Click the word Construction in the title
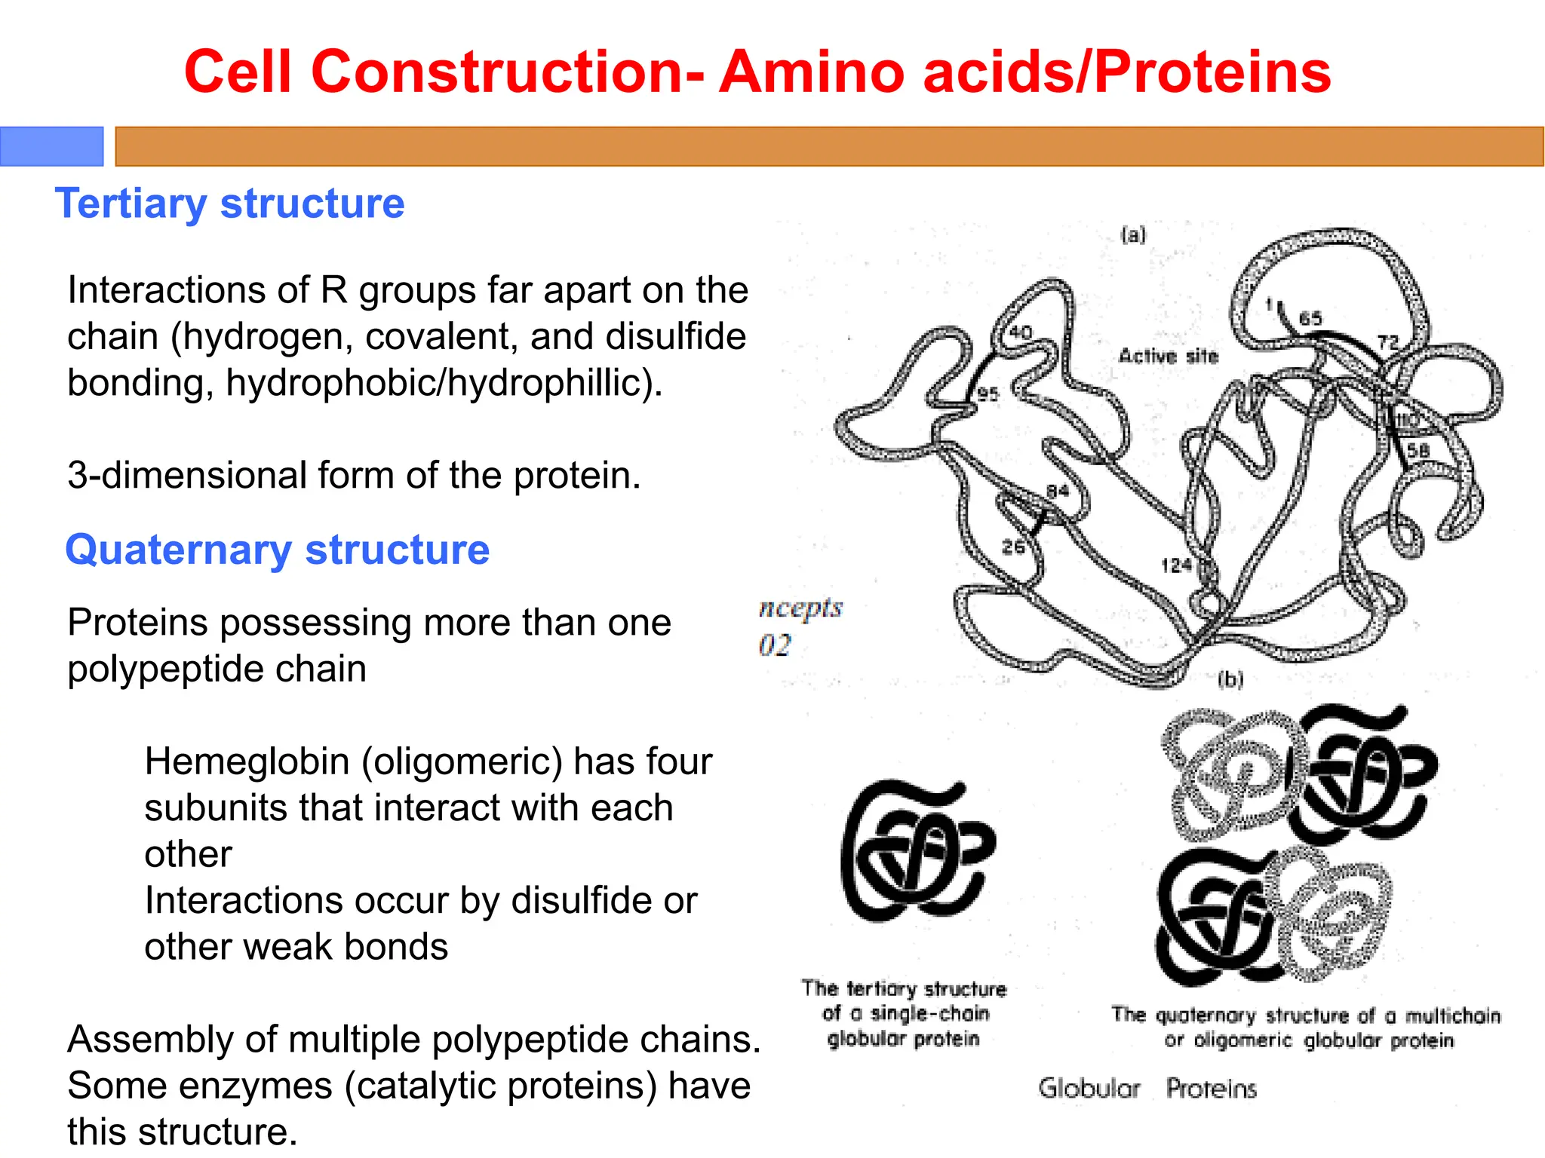498,72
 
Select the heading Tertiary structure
229,204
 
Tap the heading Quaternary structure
277,550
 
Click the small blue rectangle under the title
51,146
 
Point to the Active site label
1168,356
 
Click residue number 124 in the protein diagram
1175,565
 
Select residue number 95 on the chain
988,394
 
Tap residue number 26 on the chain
1012,547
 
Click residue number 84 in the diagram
1057,492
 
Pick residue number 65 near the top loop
1310,318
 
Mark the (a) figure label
1133,235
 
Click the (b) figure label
1230,680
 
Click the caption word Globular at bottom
1089,1088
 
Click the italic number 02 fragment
775,645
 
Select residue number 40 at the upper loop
1020,332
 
